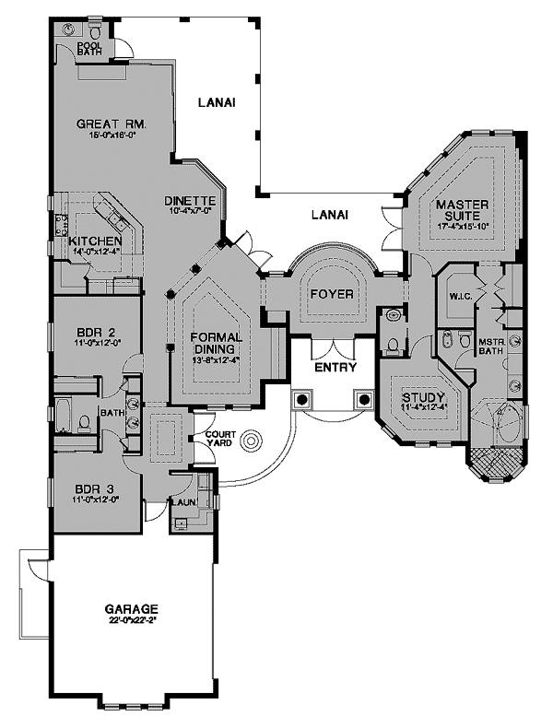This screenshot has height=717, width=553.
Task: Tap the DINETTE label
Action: tap(190, 201)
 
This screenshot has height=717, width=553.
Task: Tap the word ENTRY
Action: tap(330, 367)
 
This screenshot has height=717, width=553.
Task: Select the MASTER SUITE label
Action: tap(461, 209)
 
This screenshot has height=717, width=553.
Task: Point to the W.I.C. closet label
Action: tap(461, 297)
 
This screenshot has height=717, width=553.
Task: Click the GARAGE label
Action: tap(132, 609)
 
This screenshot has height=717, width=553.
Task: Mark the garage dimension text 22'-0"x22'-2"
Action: tap(132, 620)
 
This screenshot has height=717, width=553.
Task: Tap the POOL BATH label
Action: tap(89, 47)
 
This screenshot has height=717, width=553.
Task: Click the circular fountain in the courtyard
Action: tap(250, 442)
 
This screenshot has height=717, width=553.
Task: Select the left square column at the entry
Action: tap(300, 400)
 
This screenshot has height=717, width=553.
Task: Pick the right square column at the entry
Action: tap(364, 400)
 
